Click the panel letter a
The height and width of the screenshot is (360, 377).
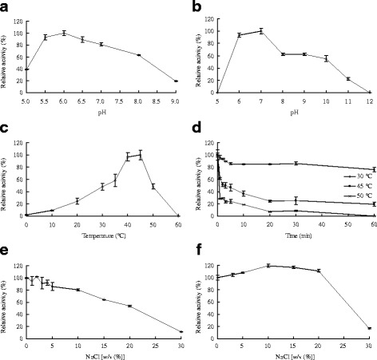pyautogui.click(x=5, y=6)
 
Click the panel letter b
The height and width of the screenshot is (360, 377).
pyautogui.click(x=194, y=6)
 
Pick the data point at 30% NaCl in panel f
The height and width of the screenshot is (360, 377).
pyautogui.click(x=369, y=328)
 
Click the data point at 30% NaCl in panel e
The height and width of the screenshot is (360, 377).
pyautogui.click(x=181, y=332)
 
